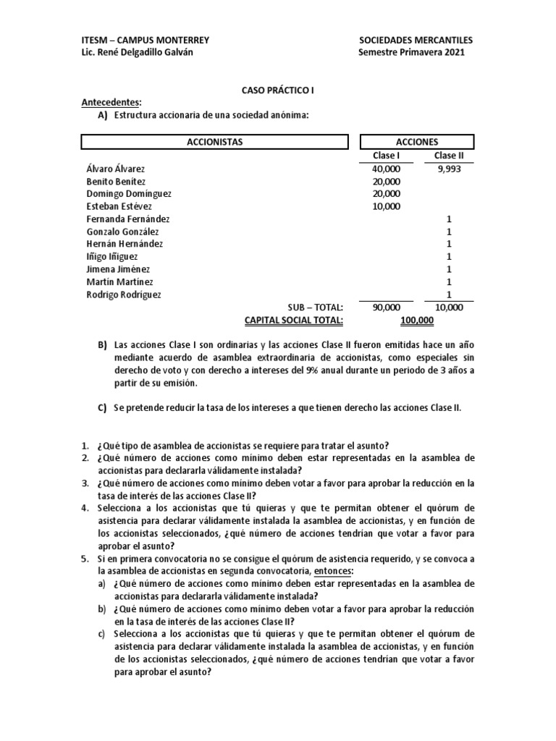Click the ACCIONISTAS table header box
point(214,142)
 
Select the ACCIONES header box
point(417,142)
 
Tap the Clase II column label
point(449,156)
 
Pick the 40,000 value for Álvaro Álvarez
point(385,169)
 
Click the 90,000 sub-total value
point(385,308)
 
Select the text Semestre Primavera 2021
point(411,52)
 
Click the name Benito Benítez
point(115,181)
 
